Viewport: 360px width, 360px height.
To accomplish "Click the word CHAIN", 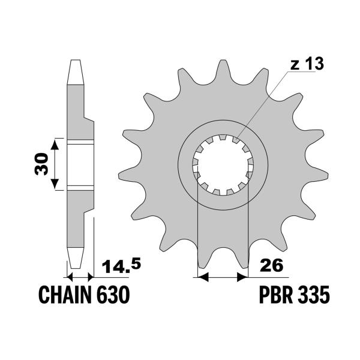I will pos(65,295).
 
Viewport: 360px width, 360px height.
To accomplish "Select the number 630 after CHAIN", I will pos(112,295).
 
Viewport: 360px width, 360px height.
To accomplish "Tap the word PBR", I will pos(277,295).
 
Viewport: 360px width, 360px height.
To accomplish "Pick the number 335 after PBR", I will pos(314,295).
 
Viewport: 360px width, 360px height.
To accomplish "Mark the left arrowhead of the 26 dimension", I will pos(202,278).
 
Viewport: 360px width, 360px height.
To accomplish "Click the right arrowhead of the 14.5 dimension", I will pos(91,278).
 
